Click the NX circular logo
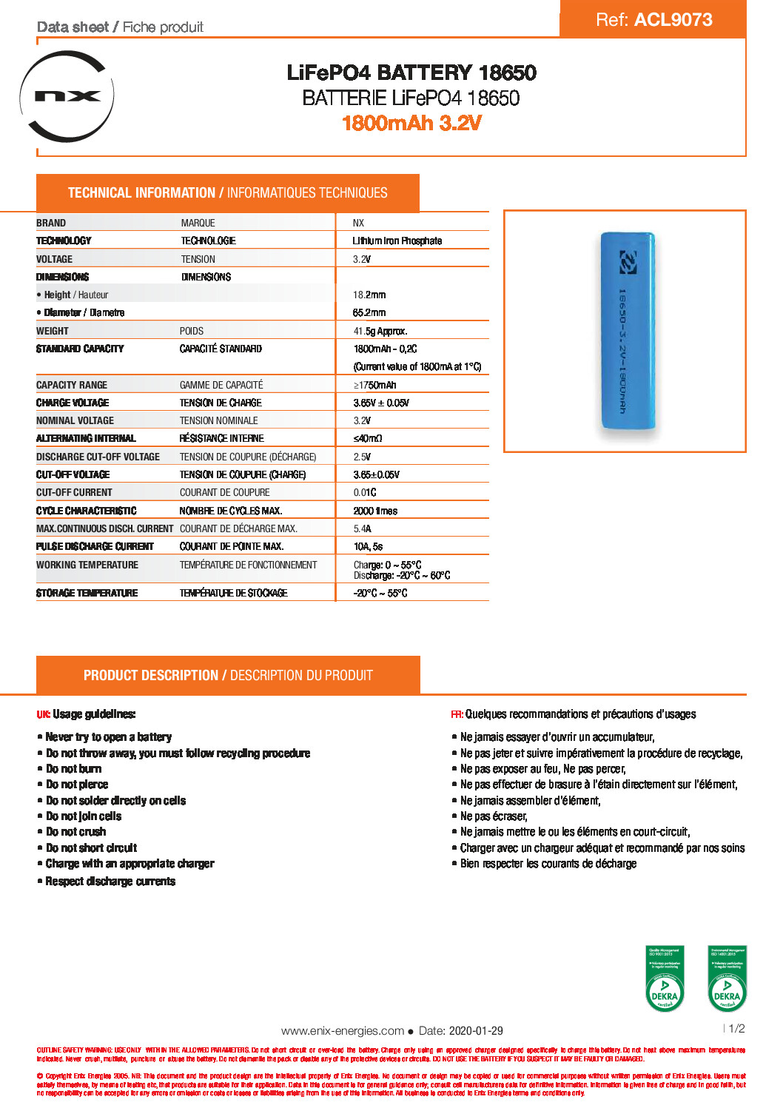click(67, 96)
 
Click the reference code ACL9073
click(673, 20)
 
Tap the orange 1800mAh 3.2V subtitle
click(411, 123)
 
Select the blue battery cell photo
click(628, 330)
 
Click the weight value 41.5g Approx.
click(380, 331)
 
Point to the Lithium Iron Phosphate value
click(397, 241)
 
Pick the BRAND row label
click(51, 223)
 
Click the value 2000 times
click(375, 511)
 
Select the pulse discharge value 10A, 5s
click(368, 546)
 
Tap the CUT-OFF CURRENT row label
click(74, 492)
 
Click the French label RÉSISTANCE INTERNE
click(221, 438)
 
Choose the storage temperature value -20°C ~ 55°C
click(380, 593)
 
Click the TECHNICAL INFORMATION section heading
click(228, 193)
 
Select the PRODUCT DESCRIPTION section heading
click(228, 675)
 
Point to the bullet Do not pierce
click(77, 785)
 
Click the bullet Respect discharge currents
click(110, 881)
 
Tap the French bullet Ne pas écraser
click(494, 816)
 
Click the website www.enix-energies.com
click(343, 1030)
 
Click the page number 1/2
click(736, 1028)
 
